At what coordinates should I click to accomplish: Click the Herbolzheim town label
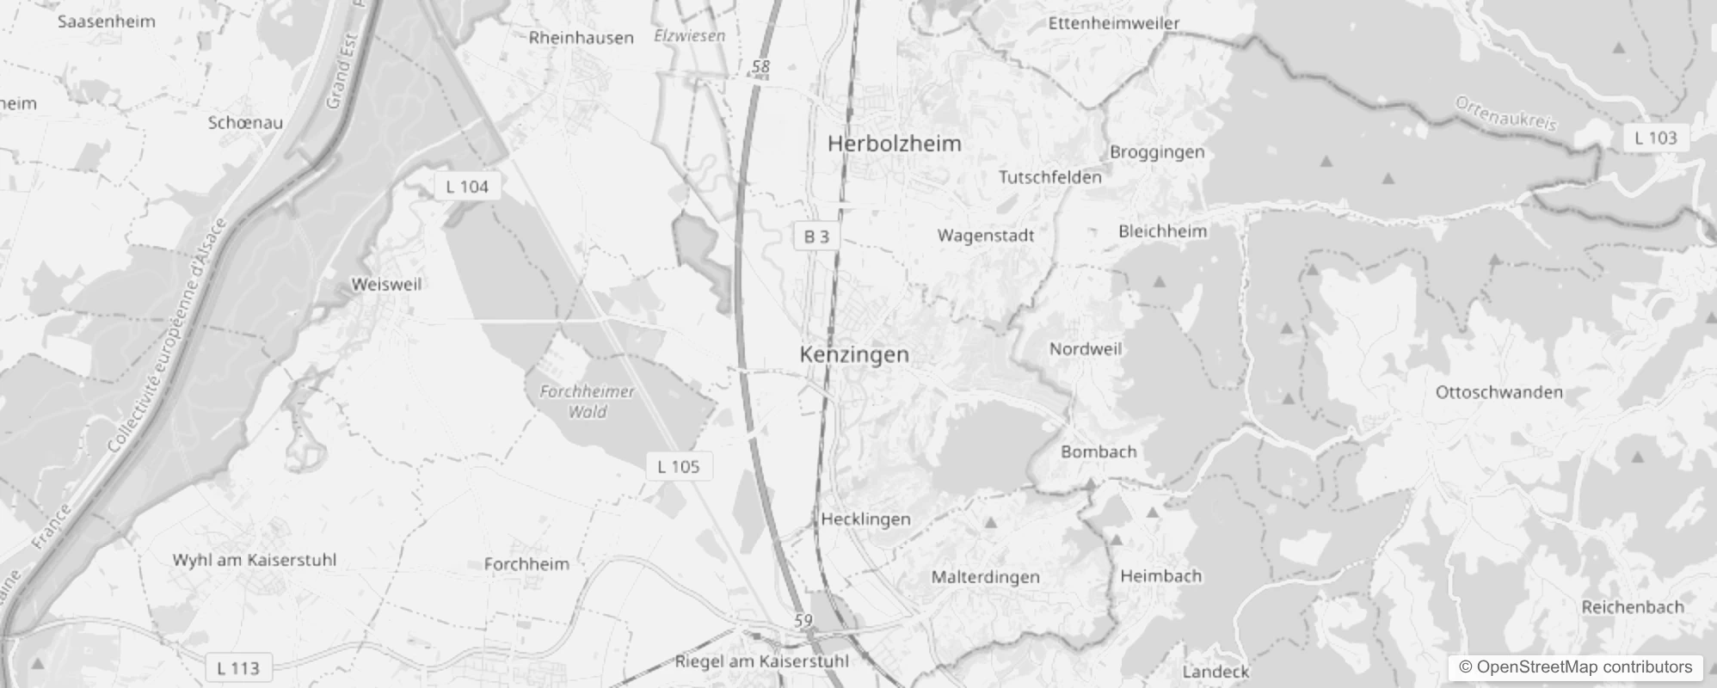click(x=894, y=144)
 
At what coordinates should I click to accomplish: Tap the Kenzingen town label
click(x=853, y=354)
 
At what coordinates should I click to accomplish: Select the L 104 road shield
click(x=467, y=187)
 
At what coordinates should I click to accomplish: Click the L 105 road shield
click(x=679, y=467)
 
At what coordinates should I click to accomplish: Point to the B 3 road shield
click(x=815, y=236)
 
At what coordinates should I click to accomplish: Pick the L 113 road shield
click(x=238, y=668)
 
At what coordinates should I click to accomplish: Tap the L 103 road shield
click(x=1655, y=138)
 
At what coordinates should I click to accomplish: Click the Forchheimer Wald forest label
click(x=587, y=402)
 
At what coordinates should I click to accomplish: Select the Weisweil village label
click(x=386, y=285)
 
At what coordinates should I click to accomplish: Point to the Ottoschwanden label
click(x=1499, y=393)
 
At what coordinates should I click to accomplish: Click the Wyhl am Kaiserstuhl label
click(x=254, y=561)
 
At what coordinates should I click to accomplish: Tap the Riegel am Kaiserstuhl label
click(x=761, y=661)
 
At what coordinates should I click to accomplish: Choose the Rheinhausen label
click(x=581, y=38)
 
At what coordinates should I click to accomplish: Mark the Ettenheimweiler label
click(x=1113, y=23)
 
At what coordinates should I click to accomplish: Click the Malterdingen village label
click(x=985, y=577)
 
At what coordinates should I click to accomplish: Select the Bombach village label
click(x=1098, y=452)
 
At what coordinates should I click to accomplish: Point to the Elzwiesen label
click(x=689, y=36)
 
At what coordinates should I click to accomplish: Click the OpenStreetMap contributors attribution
click(x=1575, y=667)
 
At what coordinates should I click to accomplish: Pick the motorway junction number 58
click(x=760, y=67)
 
